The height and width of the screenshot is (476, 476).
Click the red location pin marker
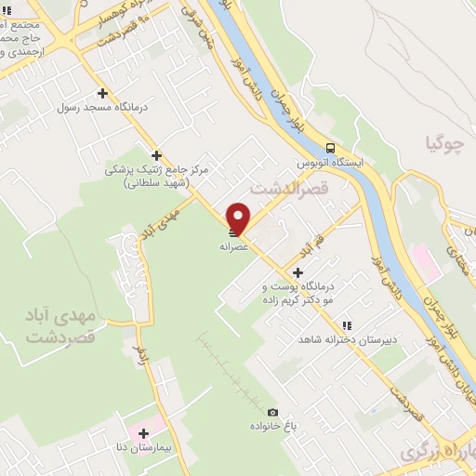239,217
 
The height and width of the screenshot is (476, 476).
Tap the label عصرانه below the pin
235,247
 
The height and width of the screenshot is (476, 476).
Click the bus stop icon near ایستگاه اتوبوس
330,148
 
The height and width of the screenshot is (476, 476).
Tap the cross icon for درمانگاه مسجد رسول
102,93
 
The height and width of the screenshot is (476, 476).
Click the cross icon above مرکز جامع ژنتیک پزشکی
157,155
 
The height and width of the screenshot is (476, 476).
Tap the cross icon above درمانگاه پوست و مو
297,272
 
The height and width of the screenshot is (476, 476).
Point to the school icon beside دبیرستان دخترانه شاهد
347,326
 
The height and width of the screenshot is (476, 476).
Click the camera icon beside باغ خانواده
272,412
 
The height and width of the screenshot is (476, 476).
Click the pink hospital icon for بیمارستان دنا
143,432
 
